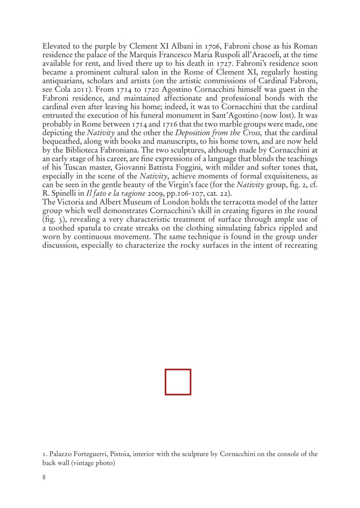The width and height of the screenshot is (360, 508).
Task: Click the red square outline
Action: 178,382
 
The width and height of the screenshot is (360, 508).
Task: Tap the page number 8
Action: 44,477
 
